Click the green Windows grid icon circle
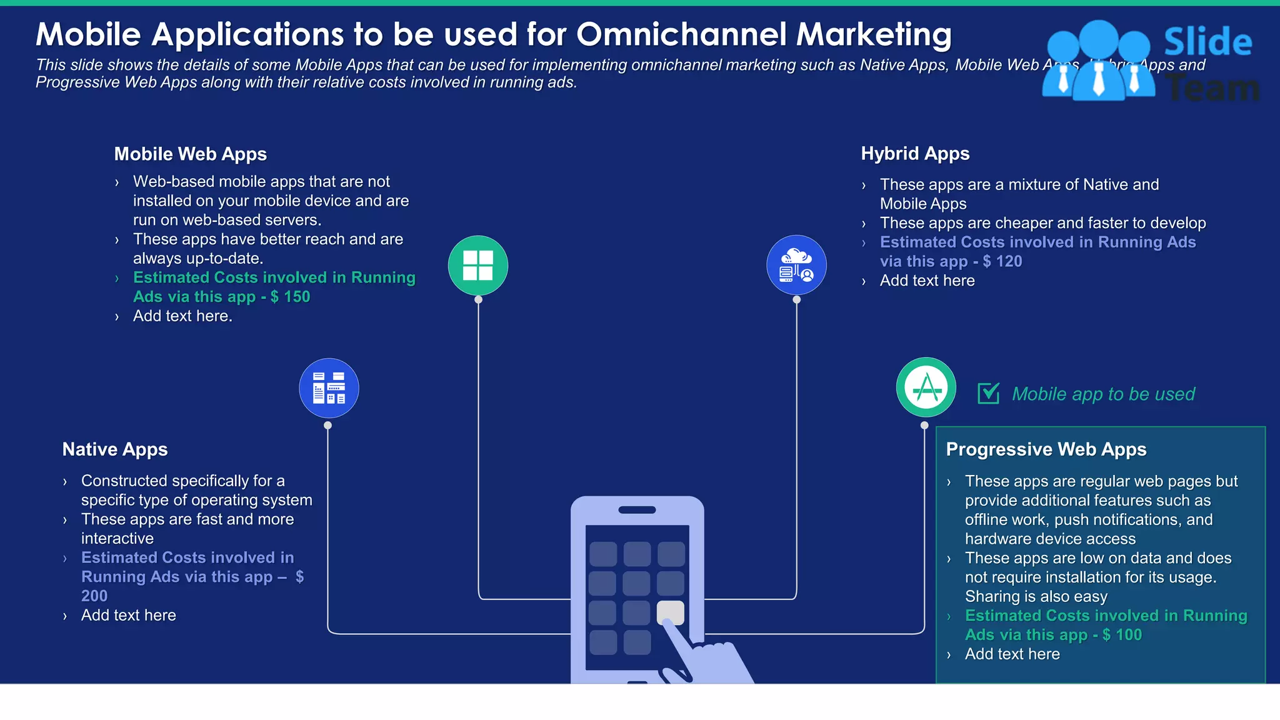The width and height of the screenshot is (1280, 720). [x=478, y=266]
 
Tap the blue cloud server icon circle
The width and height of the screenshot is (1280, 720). [x=796, y=265]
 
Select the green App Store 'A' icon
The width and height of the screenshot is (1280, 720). [x=926, y=387]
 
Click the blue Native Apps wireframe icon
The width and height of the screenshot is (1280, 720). [x=329, y=388]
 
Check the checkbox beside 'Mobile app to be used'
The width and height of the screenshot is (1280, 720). [x=988, y=394]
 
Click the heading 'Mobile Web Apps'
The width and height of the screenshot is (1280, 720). [x=190, y=154]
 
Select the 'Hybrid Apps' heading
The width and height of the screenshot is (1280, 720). [x=915, y=154]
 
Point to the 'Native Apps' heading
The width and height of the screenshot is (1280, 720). [x=115, y=449]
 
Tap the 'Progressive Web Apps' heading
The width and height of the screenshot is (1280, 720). [x=1046, y=449]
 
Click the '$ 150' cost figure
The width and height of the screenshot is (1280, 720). [x=290, y=297]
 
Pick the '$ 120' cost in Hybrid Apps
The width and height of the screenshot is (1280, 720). [x=1002, y=261]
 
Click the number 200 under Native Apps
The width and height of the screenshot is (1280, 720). [x=94, y=596]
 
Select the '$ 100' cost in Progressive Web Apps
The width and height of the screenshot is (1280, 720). [x=1122, y=635]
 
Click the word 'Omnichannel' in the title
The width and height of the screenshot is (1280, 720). [x=681, y=34]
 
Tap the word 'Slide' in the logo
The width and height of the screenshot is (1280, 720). [x=1207, y=42]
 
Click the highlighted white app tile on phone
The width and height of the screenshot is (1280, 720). [x=670, y=612]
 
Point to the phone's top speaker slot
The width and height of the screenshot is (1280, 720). [x=637, y=510]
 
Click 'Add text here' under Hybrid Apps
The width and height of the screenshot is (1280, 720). [x=927, y=281]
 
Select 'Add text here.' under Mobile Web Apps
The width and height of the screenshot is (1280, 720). [x=182, y=316]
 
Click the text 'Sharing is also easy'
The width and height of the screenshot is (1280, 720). [x=1036, y=597]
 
